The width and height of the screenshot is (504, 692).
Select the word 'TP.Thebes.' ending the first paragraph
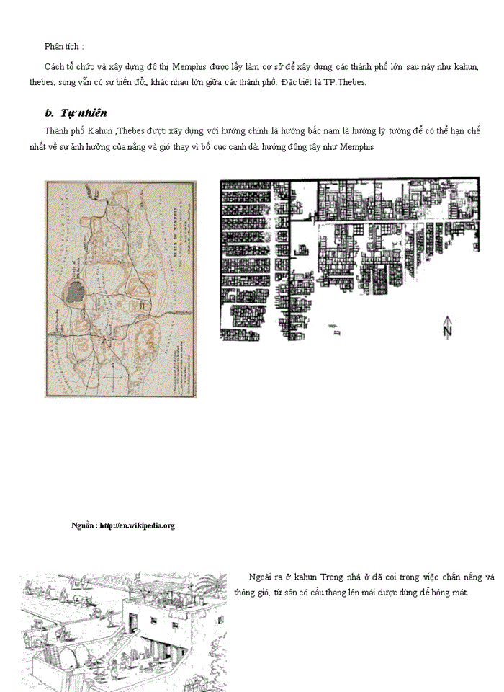coord(347,82)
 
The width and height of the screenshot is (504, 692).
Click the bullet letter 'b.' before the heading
coord(50,113)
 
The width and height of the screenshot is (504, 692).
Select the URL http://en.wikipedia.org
coord(137,525)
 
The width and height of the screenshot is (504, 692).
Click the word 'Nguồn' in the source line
coord(83,525)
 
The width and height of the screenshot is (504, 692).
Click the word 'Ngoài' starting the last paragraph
coord(260,577)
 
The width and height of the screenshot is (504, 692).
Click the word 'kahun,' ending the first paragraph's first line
coord(465,66)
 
